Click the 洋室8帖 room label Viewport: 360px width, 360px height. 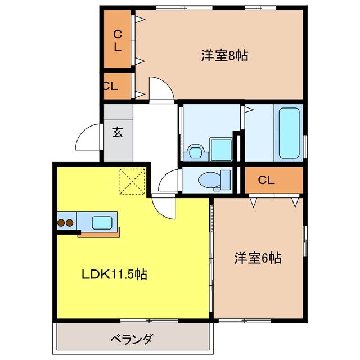click(225, 56)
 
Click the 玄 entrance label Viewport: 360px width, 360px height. click(117, 133)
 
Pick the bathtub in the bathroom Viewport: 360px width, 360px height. click(289, 134)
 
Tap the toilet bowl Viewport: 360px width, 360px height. click(211, 180)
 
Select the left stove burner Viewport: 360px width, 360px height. click(61, 223)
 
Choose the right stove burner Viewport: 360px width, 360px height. click(69, 223)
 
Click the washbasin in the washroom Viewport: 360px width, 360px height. click(195, 151)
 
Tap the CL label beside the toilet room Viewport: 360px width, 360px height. click(267, 180)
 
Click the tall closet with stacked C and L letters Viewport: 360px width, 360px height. click(118, 39)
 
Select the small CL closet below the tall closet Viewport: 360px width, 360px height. click(110, 87)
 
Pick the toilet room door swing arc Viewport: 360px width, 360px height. click(168, 183)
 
